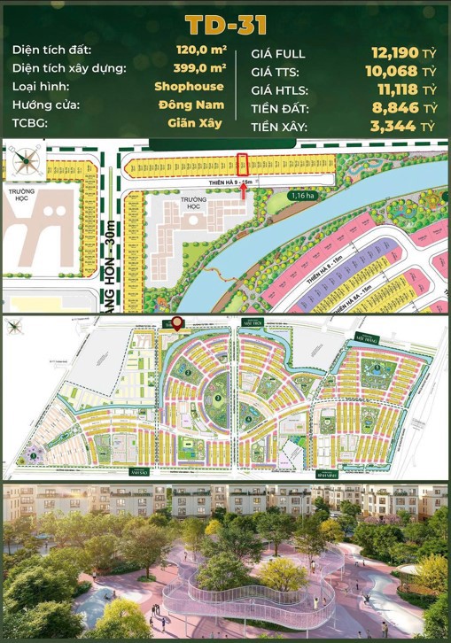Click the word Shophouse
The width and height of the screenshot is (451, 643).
pyautogui.click(x=189, y=87)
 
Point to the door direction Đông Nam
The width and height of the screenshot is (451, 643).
pyautogui.click(x=193, y=105)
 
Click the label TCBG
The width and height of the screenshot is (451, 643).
pyautogui.click(x=30, y=123)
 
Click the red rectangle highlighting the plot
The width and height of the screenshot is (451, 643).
pyautogui.click(x=242, y=164)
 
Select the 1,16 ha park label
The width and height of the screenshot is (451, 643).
pyautogui.click(x=302, y=193)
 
